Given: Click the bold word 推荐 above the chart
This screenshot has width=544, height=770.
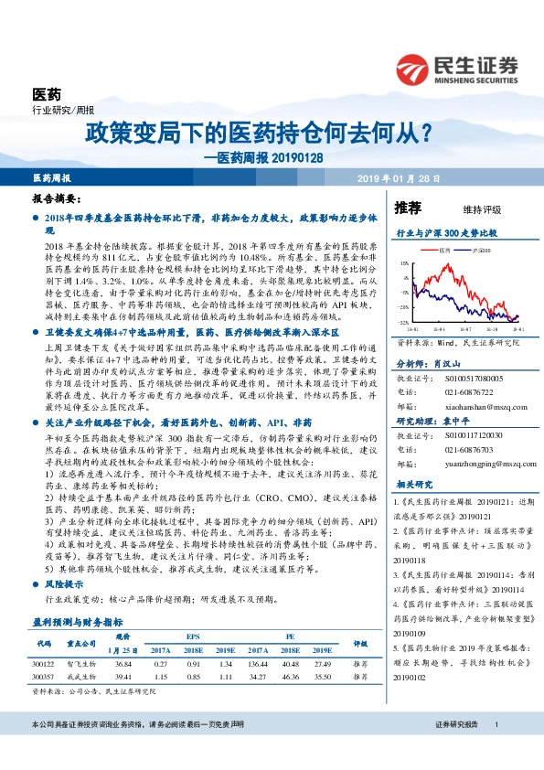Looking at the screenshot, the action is pyautogui.click(x=408, y=208).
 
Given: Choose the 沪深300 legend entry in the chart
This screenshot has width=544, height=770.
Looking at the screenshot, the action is pyautogui.click(x=475, y=250).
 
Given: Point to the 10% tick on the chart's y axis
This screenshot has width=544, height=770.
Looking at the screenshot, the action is pyautogui.click(x=405, y=264).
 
